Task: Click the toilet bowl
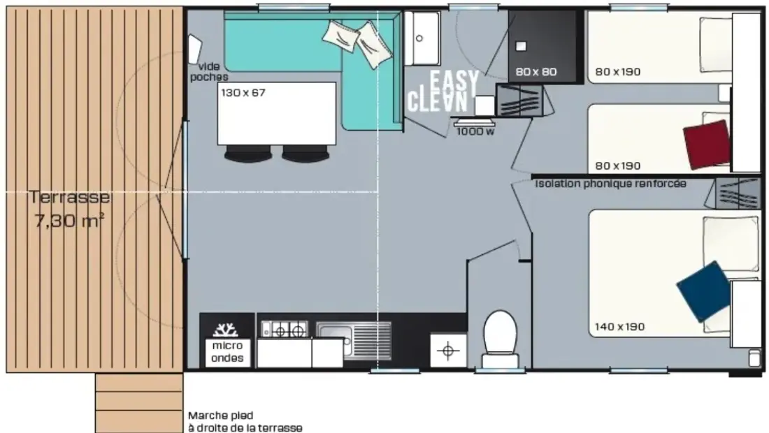coord(501,338)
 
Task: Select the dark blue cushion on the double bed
coord(702,291)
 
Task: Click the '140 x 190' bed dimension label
coord(620,327)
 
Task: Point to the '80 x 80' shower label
coord(536,72)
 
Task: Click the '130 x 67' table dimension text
coord(243,93)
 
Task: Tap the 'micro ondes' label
coord(228,352)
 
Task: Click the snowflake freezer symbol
coord(226,330)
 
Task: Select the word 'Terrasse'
coord(69,197)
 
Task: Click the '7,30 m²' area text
coord(69,221)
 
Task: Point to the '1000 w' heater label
coord(475,131)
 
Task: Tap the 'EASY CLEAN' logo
coord(443,91)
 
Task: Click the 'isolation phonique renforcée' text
coord(610,184)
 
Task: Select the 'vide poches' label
coord(210,71)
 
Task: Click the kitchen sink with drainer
coord(354,339)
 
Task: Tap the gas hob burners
coord(285,329)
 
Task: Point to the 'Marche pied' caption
coord(221,416)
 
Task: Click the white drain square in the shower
coord(521,46)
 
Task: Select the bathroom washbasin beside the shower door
coord(422,38)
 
